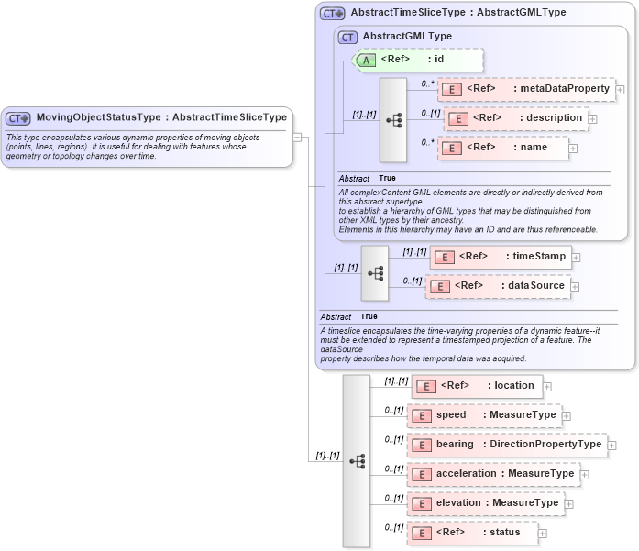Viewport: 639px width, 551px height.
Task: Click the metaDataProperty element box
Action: pyautogui.click(x=526, y=89)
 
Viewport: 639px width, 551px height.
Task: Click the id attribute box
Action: pyautogui.click(x=417, y=60)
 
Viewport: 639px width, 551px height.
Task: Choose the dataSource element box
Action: pyautogui.click(x=498, y=286)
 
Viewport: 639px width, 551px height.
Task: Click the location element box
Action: pyautogui.click(x=477, y=386)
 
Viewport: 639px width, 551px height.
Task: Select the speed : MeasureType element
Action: pyautogui.click(x=483, y=415)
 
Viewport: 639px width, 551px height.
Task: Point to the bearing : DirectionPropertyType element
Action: pyautogui.click(x=507, y=445)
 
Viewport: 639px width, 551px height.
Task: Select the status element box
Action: pyautogui.click(x=472, y=533)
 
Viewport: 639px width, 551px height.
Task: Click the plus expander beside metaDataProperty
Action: pyautogui.click(x=621, y=90)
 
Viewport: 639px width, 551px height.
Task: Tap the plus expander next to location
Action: pyautogui.click(x=547, y=387)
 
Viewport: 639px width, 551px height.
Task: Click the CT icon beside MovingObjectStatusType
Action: pyautogui.click(x=18, y=118)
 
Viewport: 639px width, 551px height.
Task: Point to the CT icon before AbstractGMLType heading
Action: pyautogui.click(x=347, y=37)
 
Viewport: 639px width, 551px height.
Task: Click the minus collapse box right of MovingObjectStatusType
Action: pyautogui.click(x=297, y=138)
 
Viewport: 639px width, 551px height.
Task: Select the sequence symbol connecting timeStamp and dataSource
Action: pyautogui.click(x=375, y=272)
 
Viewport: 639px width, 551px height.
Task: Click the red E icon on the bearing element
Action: pyautogui.click(x=422, y=445)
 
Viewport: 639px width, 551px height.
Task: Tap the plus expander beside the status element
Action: pyautogui.click(x=543, y=534)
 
